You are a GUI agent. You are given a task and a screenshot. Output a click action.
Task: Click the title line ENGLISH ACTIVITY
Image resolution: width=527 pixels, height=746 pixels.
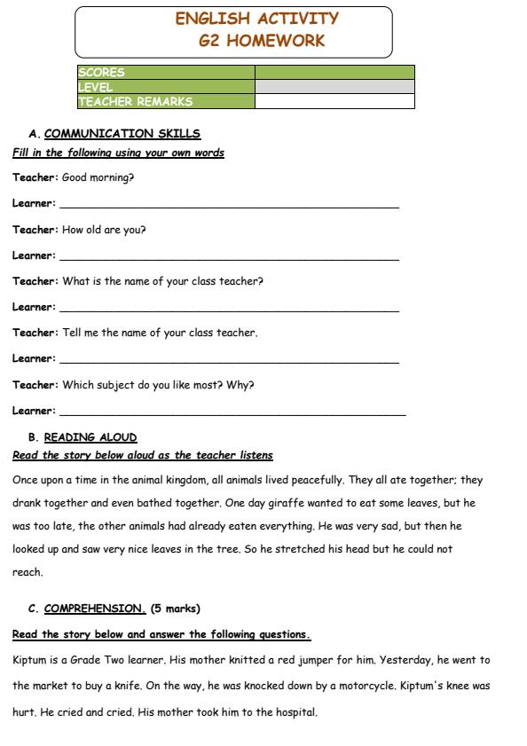[x=256, y=19]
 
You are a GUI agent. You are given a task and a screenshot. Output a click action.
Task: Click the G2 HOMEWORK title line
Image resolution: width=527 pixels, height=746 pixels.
[x=262, y=41]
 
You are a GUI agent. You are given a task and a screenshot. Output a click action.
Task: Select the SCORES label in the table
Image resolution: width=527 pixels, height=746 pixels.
[x=102, y=73]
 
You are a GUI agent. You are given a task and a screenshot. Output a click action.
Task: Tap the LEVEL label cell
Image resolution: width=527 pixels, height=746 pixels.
[x=96, y=87]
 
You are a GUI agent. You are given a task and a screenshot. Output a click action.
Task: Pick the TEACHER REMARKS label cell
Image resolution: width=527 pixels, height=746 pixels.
[x=136, y=101]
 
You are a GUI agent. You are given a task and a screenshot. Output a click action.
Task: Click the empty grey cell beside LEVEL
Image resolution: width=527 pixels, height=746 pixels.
[x=334, y=87]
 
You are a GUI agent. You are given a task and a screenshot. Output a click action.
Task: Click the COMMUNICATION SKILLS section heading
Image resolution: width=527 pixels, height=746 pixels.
[x=122, y=134]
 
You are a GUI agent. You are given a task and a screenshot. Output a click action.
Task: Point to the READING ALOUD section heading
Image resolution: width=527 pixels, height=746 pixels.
[x=90, y=437]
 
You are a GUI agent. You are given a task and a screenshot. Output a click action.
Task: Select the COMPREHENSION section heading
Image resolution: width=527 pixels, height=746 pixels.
[x=94, y=609]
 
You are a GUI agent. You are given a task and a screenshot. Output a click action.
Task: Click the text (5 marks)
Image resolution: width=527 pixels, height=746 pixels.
[x=176, y=609]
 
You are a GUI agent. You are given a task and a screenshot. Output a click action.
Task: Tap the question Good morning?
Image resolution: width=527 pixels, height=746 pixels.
[x=98, y=177]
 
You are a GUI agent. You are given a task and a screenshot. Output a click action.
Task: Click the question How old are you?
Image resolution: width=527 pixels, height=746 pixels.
[x=104, y=230]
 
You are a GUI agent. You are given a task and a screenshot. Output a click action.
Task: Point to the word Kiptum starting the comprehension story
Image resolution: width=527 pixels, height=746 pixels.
[x=29, y=660]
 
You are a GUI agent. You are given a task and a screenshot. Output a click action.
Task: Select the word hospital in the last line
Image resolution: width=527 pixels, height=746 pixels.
[x=295, y=712]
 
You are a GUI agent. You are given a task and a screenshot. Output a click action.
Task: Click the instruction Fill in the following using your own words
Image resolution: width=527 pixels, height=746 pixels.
[x=118, y=153]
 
